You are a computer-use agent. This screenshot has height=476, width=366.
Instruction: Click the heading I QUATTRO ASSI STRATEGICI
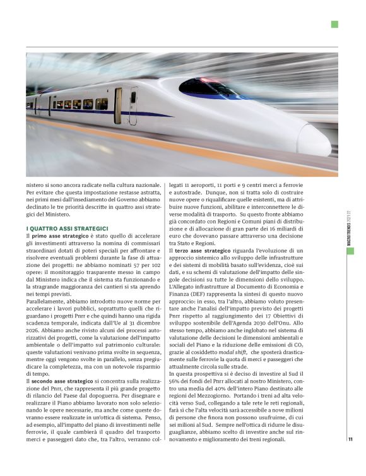pyautogui.click(x=68, y=228)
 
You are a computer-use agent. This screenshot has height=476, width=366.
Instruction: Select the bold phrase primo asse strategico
pyautogui.click(x=61, y=235)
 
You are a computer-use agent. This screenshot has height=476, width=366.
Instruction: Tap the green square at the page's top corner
pyautogui.click(x=334, y=25)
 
